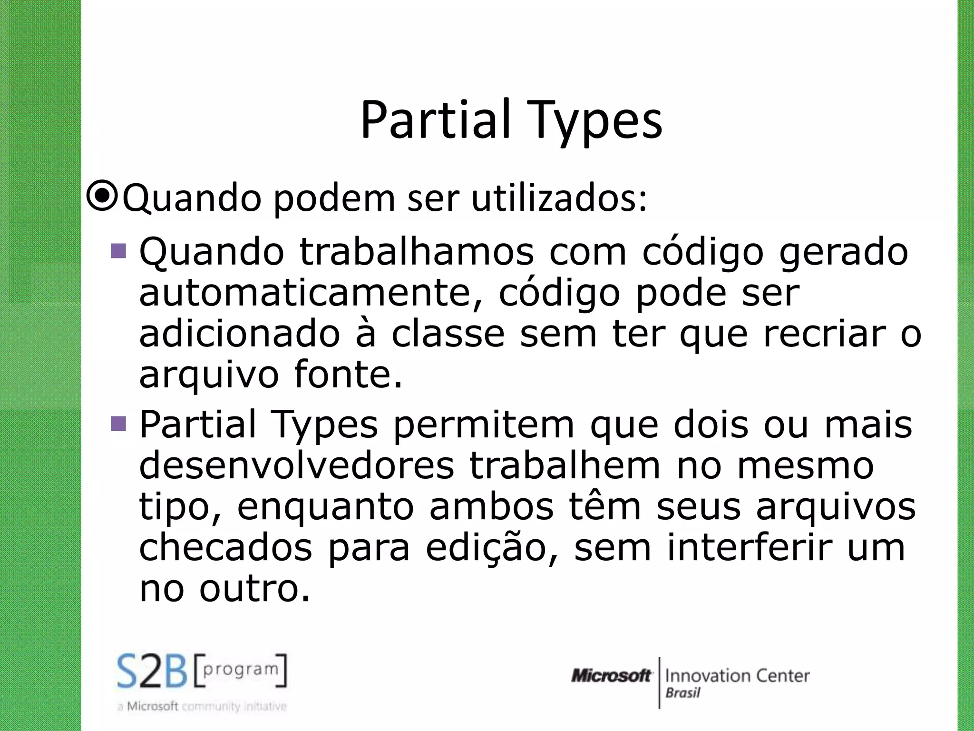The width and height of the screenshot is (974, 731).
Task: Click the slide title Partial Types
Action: click(x=511, y=120)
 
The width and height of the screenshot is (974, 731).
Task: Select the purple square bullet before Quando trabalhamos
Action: click(x=118, y=251)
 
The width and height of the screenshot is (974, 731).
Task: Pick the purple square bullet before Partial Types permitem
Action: click(x=118, y=423)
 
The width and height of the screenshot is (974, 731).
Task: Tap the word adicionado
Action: click(x=240, y=334)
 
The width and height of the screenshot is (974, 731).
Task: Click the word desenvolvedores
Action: click(x=297, y=465)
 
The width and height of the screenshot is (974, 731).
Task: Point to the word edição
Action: click(x=492, y=548)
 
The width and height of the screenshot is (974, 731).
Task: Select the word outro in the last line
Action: click(x=254, y=589)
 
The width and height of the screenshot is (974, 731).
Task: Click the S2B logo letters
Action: click(x=152, y=672)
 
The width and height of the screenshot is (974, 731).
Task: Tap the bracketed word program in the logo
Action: click(x=241, y=669)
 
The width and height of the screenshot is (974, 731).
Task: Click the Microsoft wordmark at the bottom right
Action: click(x=612, y=676)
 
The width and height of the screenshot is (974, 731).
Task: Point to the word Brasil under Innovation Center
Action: click(x=683, y=693)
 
